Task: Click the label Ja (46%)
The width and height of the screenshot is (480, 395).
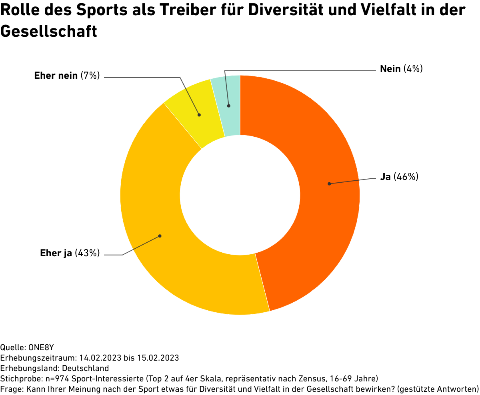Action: point(399,177)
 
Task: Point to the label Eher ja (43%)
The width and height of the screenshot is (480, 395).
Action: point(70,253)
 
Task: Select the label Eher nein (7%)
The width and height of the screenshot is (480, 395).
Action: point(67,75)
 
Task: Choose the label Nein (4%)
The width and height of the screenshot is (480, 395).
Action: point(401,69)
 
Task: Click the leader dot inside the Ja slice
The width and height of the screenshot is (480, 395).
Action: point(329,184)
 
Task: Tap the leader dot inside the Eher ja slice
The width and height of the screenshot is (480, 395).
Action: point(160,236)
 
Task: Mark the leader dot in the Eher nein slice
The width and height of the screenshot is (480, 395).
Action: point(199,115)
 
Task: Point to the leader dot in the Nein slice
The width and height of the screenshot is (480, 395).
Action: point(229,106)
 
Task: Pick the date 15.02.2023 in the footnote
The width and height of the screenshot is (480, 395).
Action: point(159,357)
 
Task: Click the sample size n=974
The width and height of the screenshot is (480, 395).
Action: point(54,378)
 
